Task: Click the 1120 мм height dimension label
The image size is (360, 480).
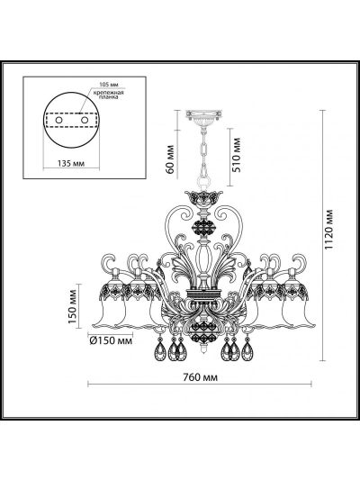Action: [328, 230]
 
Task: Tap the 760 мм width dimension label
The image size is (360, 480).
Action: [201, 377]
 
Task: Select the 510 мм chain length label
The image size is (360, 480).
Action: [237, 155]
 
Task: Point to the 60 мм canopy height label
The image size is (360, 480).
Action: [170, 159]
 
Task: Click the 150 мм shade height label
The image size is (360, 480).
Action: [72, 306]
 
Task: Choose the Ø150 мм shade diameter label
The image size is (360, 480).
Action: [111, 340]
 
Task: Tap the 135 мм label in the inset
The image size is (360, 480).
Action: [71, 163]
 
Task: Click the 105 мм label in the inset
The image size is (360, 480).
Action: [109, 85]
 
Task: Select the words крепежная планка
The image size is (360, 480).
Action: [109, 95]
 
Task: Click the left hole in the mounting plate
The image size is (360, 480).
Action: [58, 120]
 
